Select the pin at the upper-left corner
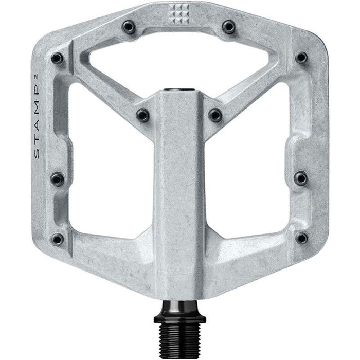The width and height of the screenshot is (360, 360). (x=58, y=58)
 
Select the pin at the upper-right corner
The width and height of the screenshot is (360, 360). (x=301, y=58)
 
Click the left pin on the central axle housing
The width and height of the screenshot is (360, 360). (x=142, y=114)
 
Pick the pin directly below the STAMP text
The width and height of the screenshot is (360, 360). (x=57, y=178)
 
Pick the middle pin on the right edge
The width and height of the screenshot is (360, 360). (x=301, y=178)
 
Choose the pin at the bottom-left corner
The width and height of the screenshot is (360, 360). (x=59, y=239)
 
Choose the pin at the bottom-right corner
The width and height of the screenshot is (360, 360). (x=301, y=238)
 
